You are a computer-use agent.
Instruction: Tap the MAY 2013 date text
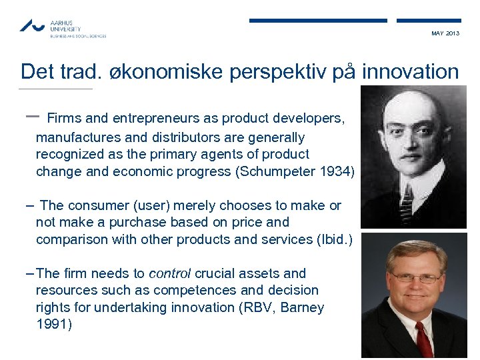(x=445, y=33)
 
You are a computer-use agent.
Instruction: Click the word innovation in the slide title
(x=410, y=72)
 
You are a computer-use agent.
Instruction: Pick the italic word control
(x=169, y=273)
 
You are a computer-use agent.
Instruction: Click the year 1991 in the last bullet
(x=53, y=325)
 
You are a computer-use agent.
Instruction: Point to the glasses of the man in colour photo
(x=415, y=277)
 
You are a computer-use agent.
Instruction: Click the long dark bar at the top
(x=318, y=21)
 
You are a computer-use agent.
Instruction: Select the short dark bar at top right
(x=429, y=21)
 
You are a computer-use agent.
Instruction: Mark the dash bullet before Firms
(x=31, y=115)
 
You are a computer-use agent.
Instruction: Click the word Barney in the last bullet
(x=302, y=307)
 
